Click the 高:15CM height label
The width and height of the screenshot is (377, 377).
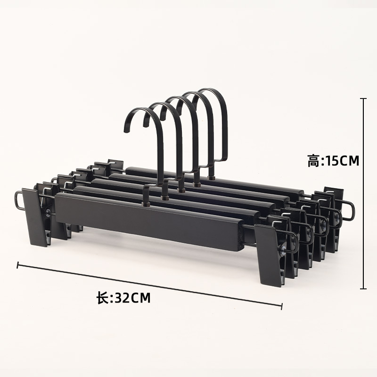pyautogui.click(x=333, y=161)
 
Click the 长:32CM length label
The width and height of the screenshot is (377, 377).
pyautogui.click(x=123, y=298)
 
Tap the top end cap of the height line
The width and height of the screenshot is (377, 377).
pyautogui.click(x=363, y=98)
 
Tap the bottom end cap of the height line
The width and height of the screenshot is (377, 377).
pyautogui.click(x=363, y=288)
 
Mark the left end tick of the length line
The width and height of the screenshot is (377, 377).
pyautogui.click(x=17, y=265)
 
